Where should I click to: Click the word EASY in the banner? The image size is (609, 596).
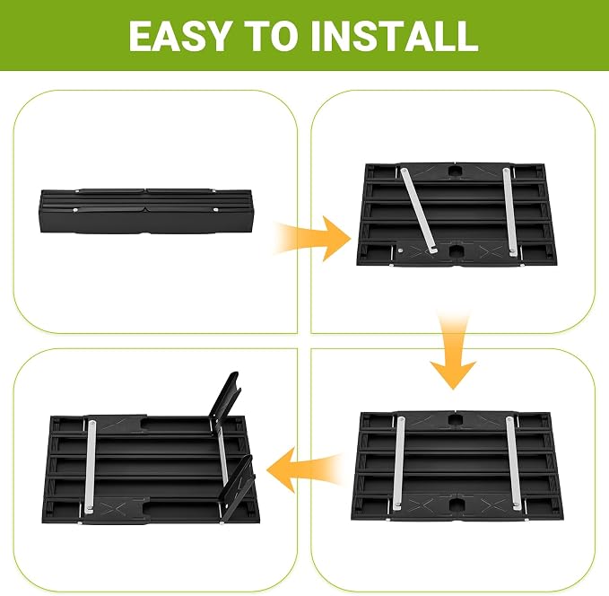(179, 35)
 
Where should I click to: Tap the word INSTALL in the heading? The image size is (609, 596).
(394, 35)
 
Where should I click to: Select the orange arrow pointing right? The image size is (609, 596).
(310, 239)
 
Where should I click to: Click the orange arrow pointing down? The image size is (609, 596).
(453, 350)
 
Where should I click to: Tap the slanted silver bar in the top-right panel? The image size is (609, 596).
(420, 211)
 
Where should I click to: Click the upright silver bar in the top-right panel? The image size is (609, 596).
(509, 212)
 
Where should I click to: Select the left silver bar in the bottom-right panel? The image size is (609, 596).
(399, 463)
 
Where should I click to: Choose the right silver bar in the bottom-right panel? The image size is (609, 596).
(514, 463)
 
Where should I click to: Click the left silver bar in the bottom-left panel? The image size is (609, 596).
(91, 464)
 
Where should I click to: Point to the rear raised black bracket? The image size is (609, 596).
(224, 400)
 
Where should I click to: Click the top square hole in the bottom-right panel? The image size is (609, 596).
(455, 420)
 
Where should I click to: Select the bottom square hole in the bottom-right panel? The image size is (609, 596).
(457, 504)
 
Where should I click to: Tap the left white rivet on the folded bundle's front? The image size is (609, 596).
(75, 210)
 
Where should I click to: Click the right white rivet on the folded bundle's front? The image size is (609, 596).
(215, 209)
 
